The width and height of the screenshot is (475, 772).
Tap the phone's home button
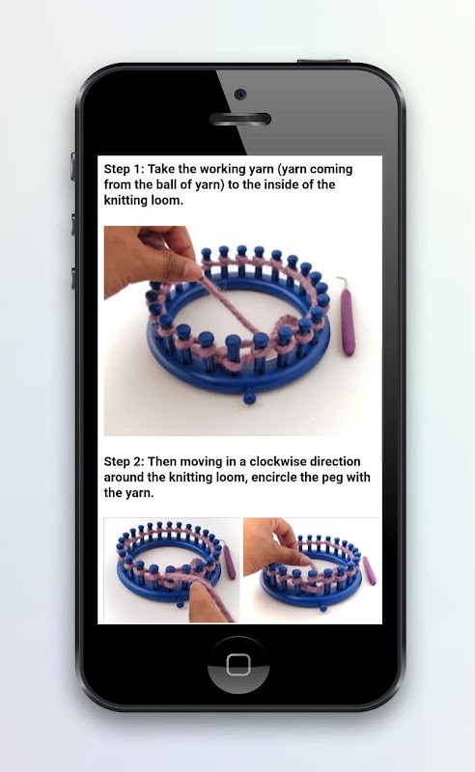[238, 665]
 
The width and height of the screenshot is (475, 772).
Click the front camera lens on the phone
[240, 94]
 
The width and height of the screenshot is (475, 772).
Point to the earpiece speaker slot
[240, 119]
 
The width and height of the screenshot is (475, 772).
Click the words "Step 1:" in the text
[124, 169]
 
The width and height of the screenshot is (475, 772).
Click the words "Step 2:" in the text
[124, 461]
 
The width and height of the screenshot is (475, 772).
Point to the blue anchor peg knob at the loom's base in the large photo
[250, 396]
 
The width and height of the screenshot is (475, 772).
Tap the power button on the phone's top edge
[323, 61]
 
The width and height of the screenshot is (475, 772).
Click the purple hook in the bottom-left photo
[228, 562]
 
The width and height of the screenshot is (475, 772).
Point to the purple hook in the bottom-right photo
[369, 570]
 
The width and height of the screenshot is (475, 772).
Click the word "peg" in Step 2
[333, 478]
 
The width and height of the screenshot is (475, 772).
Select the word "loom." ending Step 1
[167, 201]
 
